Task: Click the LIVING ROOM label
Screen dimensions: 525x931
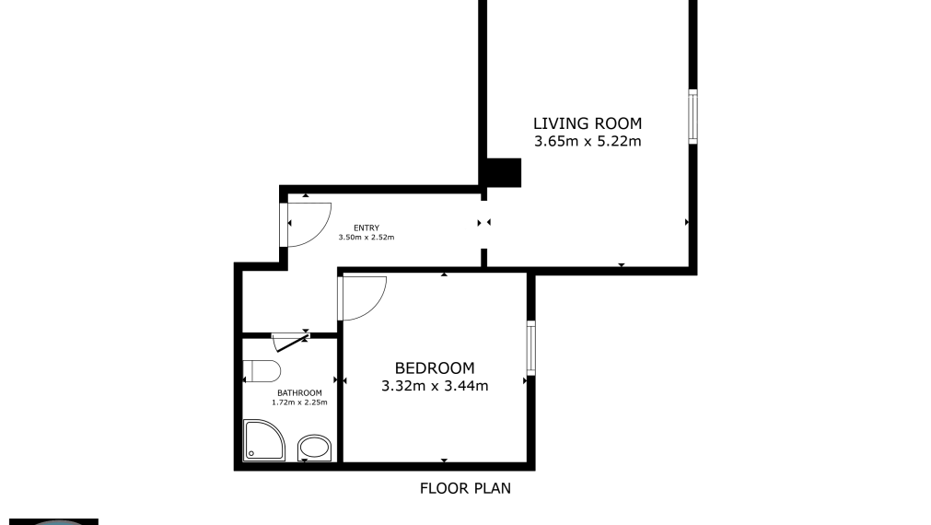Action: pyautogui.click(x=588, y=123)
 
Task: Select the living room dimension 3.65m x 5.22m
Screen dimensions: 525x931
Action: pyautogui.click(x=588, y=142)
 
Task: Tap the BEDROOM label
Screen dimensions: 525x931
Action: pyautogui.click(x=435, y=368)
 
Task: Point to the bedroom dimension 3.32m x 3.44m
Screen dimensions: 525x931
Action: pyautogui.click(x=435, y=387)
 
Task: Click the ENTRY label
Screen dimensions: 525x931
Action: pyautogui.click(x=367, y=228)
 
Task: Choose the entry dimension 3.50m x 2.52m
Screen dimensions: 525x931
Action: pyautogui.click(x=367, y=238)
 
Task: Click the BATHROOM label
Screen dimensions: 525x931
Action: pyautogui.click(x=299, y=393)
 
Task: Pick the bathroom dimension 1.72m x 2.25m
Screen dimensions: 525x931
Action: pyautogui.click(x=299, y=402)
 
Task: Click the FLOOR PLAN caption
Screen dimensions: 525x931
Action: pyautogui.click(x=465, y=488)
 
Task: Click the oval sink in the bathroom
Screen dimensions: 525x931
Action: pyautogui.click(x=316, y=449)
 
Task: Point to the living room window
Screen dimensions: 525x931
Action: pyautogui.click(x=692, y=116)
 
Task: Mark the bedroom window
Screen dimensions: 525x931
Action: pyautogui.click(x=530, y=347)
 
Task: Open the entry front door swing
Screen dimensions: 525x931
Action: pyautogui.click(x=308, y=224)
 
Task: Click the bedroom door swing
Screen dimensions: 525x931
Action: pyautogui.click(x=361, y=297)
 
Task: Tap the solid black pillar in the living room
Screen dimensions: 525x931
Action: pyautogui.click(x=503, y=172)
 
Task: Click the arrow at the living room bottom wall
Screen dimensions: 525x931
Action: pyautogui.click(x=622, y=265)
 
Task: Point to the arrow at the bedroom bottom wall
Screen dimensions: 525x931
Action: pyautogui.click(x=444, y=461)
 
